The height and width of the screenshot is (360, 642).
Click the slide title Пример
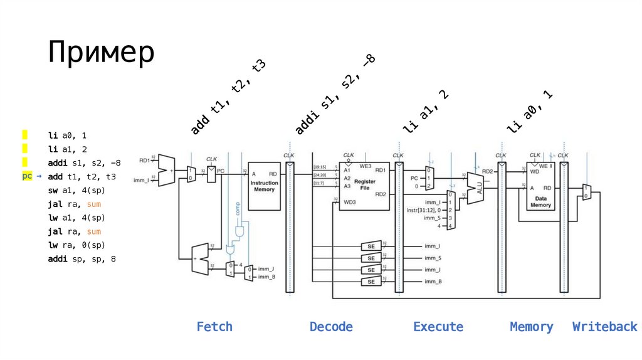(101, 53)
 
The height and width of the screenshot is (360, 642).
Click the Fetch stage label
(214, 327)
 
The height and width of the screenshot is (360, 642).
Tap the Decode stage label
(331, 327)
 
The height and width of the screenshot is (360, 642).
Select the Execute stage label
(438, 327)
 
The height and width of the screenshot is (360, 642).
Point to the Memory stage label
(532, 327)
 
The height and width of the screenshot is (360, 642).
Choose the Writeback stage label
(604, 327)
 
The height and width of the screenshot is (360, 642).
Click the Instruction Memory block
(264, 186)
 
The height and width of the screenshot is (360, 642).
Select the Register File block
(364, 186)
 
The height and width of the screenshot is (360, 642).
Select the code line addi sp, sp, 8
(82, 258)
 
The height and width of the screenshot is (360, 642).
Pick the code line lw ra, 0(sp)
(76, 245)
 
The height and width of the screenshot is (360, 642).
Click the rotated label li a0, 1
(530, 111)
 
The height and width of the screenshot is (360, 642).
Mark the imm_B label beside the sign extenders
(433, 282)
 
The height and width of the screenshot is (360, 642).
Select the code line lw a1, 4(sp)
(76, 218)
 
